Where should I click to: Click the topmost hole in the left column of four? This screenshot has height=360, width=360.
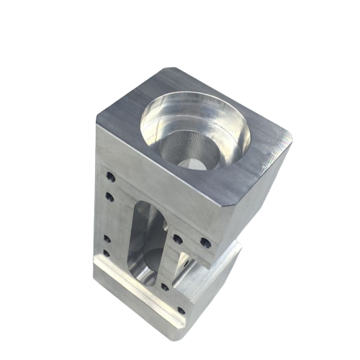click(x=109, y=175)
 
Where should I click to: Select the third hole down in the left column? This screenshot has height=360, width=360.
click(x=107, y=238)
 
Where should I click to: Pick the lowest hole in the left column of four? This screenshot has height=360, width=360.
click(x=106, y=253)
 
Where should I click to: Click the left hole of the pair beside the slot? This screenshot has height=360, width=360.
click(x=177, y=238)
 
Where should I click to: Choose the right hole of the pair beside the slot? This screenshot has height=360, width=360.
click(x=205, y=243)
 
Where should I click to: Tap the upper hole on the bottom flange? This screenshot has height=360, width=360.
click(x=165, y=286)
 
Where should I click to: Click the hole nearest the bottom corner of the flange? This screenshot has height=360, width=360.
click(x=180, y=311)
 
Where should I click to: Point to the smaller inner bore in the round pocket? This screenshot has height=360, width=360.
click(x=189, y=148)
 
